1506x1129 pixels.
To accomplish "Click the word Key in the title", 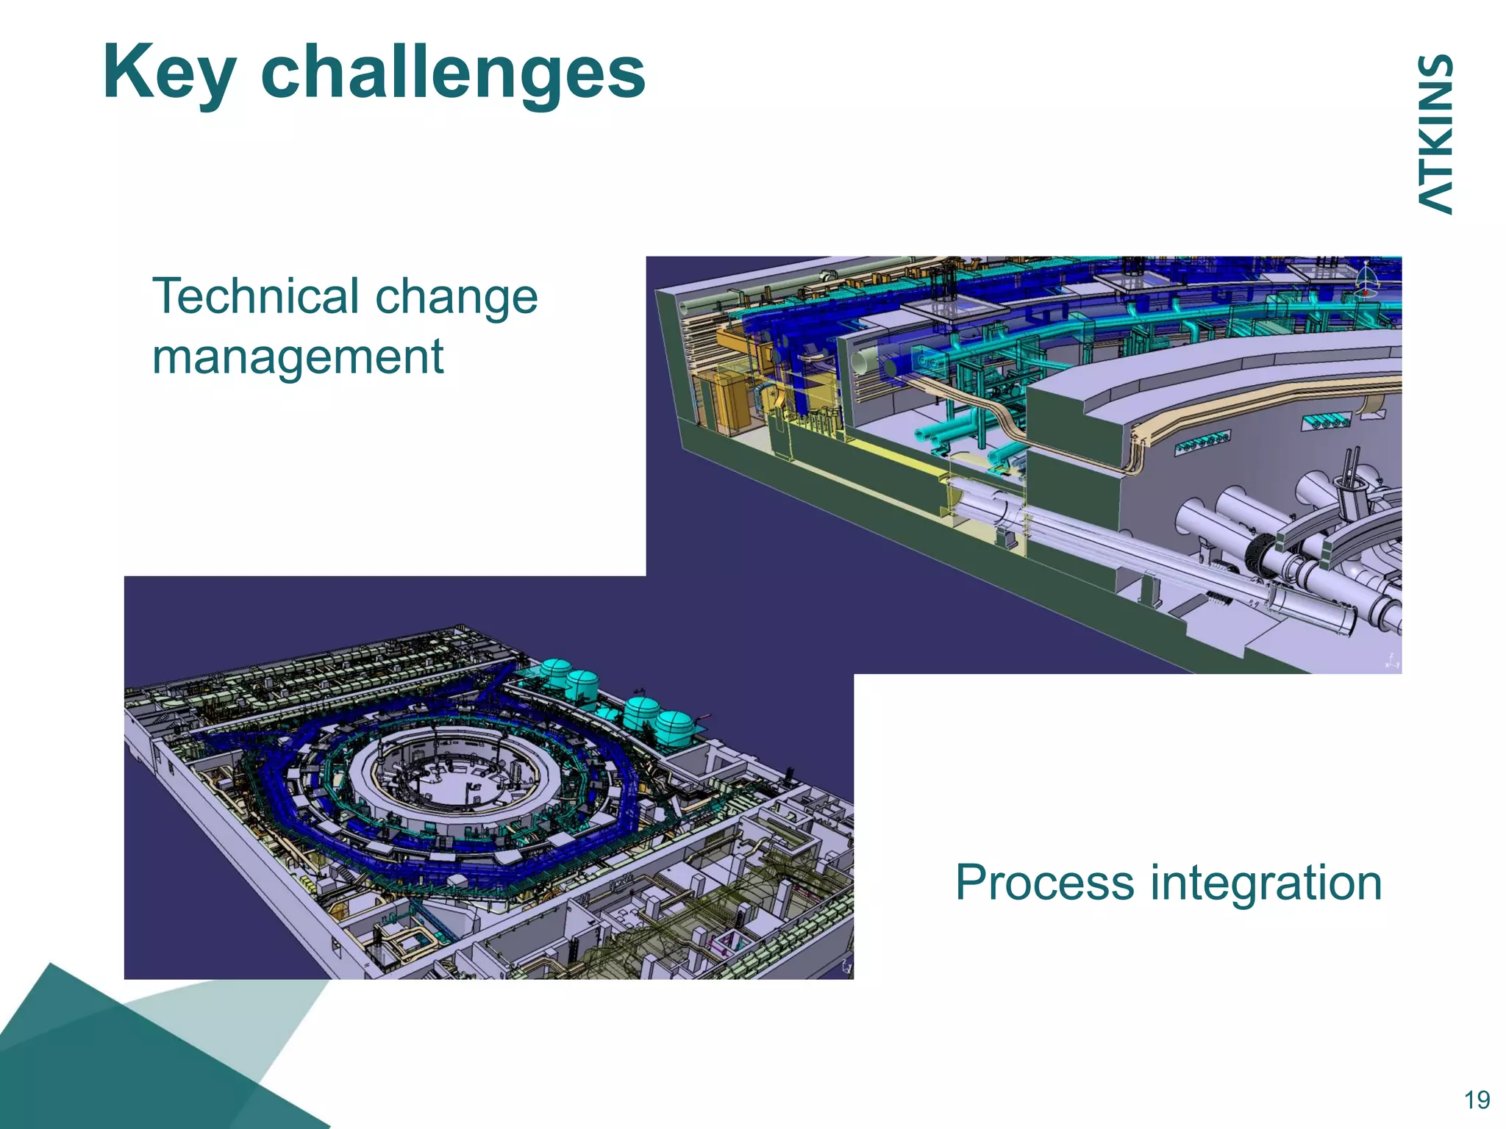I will click(x=169, y=72).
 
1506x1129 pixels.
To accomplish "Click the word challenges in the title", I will click(x=452, y=72).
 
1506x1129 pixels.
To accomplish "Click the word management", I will click(x=297, y=356).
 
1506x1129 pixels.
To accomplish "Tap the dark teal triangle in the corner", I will click(x=110, y=1066).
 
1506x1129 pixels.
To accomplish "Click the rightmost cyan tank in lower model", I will click(x=674, y=726).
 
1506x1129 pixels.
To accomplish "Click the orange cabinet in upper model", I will click(x=721, y=397).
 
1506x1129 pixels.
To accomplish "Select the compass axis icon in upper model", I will click(x=1366, y=279).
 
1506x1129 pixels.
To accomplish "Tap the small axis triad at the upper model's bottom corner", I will click(x=1391, y=661).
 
